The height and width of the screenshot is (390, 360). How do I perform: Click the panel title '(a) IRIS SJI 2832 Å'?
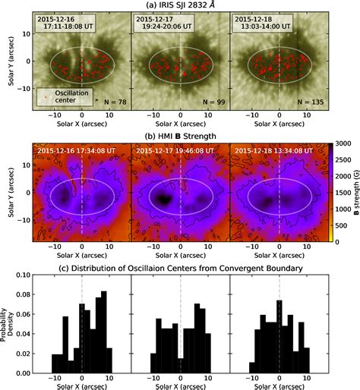(180, 5)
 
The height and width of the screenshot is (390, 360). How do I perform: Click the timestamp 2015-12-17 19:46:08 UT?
(179, 149)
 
